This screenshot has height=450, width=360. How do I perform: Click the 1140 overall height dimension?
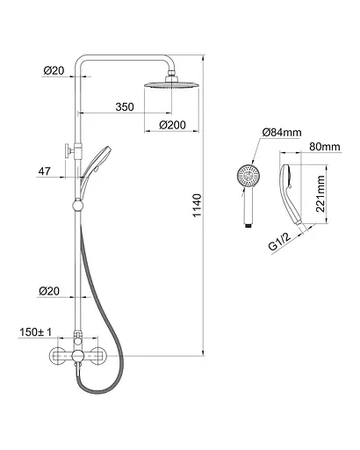pyautogui.click(x=198, y=205)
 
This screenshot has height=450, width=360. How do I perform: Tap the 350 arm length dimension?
pyautogui.click(x=125, y=107)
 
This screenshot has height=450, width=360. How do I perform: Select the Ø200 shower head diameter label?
pyautogui.click(x=172, y=125)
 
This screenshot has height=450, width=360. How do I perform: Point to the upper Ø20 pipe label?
pyautogui.click(x=54, y=70)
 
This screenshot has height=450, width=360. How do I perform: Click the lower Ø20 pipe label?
pyautogui.click(x=49, y=291)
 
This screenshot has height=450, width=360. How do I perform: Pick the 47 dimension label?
pyautogui.click(x=44, y=171)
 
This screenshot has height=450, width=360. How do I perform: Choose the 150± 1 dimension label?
pyautogui.click(x=35, y=332)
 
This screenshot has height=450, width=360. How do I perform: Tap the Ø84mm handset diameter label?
pyautogui.click(x=282, y=133)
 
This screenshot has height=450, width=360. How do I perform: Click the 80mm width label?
pyautogui.click(x=325, y=147)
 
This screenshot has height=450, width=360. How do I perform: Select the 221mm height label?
pyautogui.click(x=320, y=193)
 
